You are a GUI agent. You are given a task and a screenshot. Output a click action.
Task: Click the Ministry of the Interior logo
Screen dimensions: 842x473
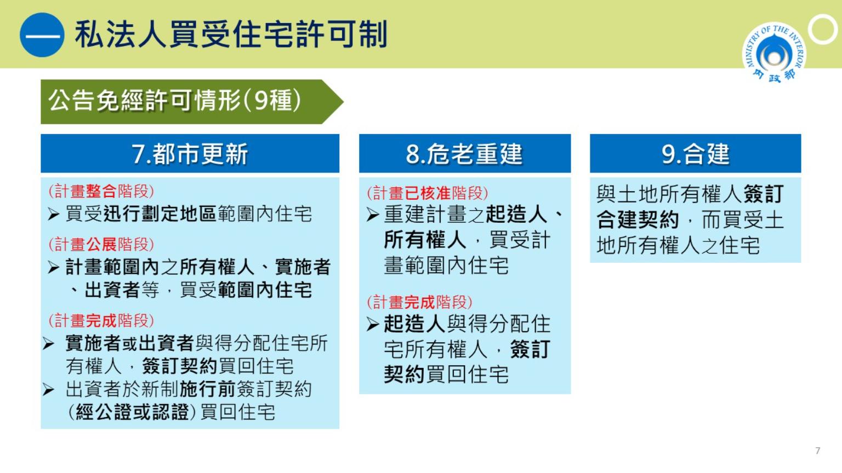pyautogui.click(x=774, y=53)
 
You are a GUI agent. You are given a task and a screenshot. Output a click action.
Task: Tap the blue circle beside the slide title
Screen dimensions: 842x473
pyautogui.click(x=42, y=35)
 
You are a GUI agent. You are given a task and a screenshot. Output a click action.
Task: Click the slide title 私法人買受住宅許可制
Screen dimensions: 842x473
pyautogui.click(x=231, y=34)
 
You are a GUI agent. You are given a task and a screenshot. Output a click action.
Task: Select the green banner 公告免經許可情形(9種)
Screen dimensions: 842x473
pyautogui.click(x=192, y=102)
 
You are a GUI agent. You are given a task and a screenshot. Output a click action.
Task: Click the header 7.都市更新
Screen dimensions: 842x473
pyautogui.click(x=190, y=153)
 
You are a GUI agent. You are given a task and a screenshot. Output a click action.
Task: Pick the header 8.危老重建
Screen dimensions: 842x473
pyautogui.click(x=465, y=153)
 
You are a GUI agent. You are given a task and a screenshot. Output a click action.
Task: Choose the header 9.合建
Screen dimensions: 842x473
pyautogui.click(x=696, y=153)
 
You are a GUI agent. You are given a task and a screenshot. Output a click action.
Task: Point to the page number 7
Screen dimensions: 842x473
pyautogui.click(x=817, y=451)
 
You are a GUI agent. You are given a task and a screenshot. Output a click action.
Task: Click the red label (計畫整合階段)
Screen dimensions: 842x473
pyautogui.click(x=101, y=191)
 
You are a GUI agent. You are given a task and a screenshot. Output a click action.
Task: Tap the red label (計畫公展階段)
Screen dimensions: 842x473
pyautogui.click(x=101, y=244)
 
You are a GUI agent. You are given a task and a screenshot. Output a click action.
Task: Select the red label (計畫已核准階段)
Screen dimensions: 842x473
pyautogui.click(x=428, y=193)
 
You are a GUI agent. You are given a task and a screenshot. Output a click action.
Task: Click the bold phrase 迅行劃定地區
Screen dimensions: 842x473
pyautogui.click(x=160, y=214)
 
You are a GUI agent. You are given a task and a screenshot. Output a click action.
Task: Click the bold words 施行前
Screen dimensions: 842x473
pyautogui.click(x=208, y=389)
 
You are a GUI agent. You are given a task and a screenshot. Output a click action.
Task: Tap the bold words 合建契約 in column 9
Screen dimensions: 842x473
pyautogui.click(x=638, y=220)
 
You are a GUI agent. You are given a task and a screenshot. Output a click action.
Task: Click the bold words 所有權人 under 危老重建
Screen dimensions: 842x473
pyautogui.click(x=425, y=239)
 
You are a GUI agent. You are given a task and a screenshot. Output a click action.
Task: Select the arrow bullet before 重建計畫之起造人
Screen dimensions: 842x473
pyautogui.click(x=373, y=215)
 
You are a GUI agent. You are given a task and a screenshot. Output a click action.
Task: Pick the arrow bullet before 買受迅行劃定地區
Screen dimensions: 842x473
pyautogui.click(x=54, y=215)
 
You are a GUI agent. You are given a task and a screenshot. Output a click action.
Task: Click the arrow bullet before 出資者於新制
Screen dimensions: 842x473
pyautogui.click(x=48, y=389)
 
